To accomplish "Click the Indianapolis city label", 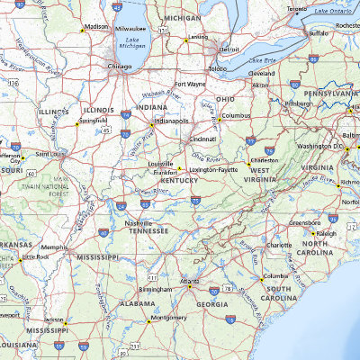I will tap(172, 120).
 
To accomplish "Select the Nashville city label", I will tap(139, 222).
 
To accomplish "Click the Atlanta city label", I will tap(189, 281).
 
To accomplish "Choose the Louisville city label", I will tap(162, 165).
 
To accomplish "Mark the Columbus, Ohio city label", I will tap(237, 115).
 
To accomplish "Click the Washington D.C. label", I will tap(320, 145).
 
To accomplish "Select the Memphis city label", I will tap(54, 247).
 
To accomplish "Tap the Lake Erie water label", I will tap(261, 59).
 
